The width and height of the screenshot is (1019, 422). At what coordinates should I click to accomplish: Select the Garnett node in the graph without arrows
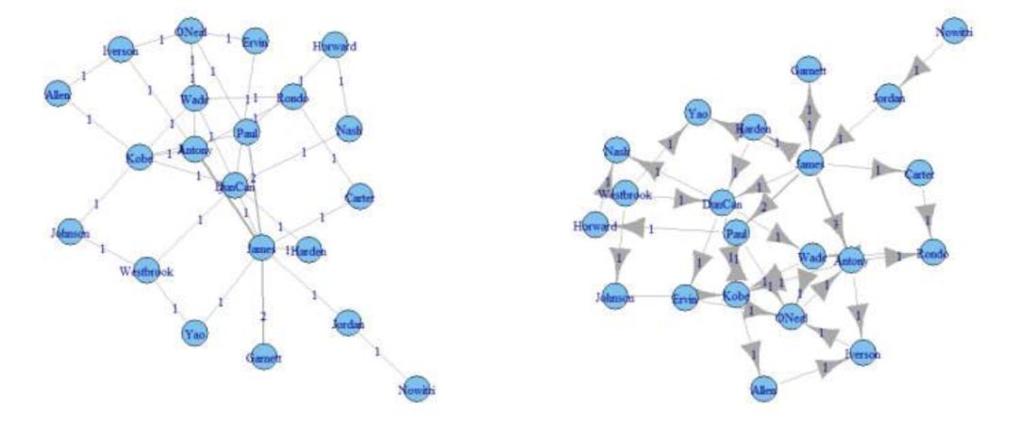(263, 359)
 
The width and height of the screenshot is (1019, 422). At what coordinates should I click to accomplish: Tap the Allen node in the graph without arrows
(58, 93)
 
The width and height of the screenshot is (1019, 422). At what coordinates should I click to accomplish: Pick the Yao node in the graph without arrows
(194, 333)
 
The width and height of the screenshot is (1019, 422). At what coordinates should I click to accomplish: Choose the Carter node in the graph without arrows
(359, 197)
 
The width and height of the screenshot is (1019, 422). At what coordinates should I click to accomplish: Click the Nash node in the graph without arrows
(348, 128)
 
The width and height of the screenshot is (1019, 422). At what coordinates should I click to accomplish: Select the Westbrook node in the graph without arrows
(146, 271)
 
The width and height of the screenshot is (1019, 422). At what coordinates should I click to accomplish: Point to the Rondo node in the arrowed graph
(931, 254)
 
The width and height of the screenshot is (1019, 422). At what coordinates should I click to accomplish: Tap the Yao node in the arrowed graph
(696, 113)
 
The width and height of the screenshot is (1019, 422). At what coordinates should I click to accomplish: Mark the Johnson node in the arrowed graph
(614, 297)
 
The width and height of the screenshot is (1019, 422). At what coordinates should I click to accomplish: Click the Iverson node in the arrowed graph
(863, 354)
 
